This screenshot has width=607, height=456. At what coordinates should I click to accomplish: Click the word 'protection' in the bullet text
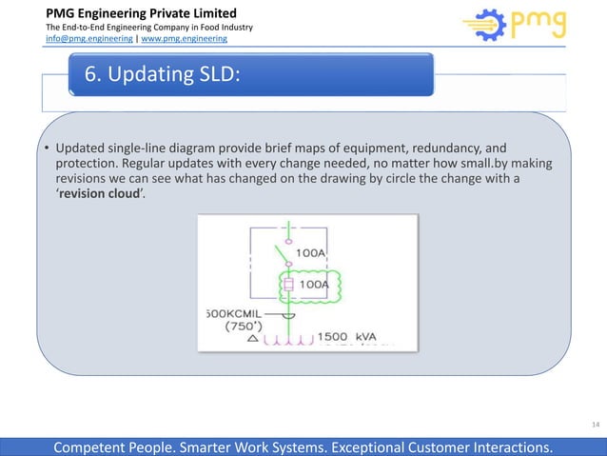coord(85,163)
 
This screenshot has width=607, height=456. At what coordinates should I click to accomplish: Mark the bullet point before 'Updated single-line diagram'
coord(48,149)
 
